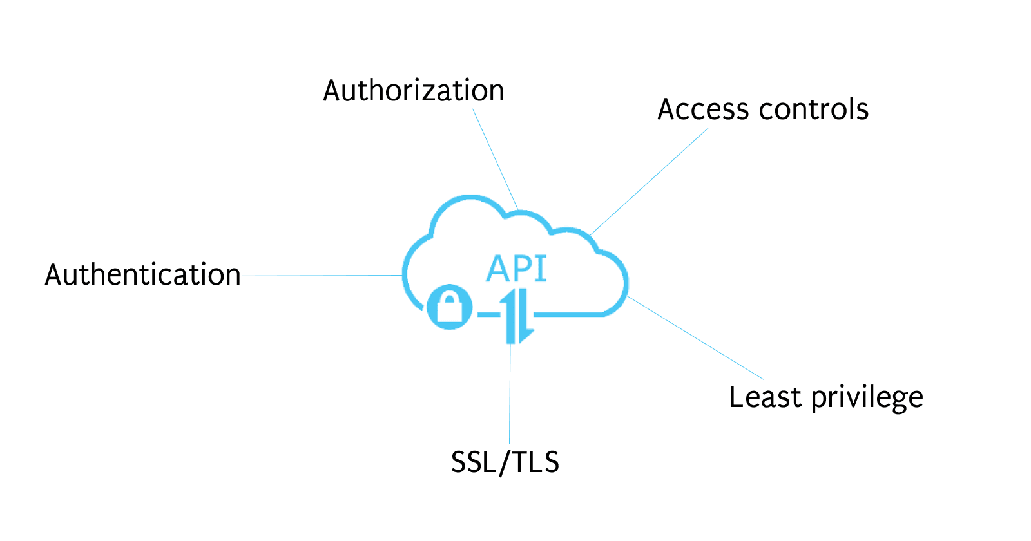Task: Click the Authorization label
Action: (x=413, y=91)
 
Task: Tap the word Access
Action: (x=703, y=109)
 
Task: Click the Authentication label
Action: (x=142, y=275)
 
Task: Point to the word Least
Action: (x=765, y=397)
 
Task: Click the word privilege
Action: (x=867, y=399)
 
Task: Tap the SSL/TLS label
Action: (x=505, y=462)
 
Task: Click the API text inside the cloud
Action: (x=516, y=269)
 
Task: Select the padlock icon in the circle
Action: (x=450, y=307)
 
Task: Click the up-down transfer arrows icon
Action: (x=519, y=316)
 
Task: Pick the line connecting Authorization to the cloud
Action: (x=495, y=158)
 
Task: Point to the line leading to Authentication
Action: (x=322, y=276)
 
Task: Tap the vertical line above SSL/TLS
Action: (x=510, y=393)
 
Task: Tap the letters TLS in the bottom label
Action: (x=534, y=462)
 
